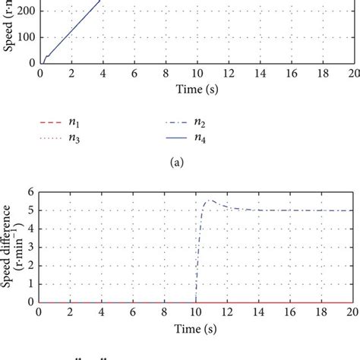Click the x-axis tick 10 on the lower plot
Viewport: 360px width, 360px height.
197,312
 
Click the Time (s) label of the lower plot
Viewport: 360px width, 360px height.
197,326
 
